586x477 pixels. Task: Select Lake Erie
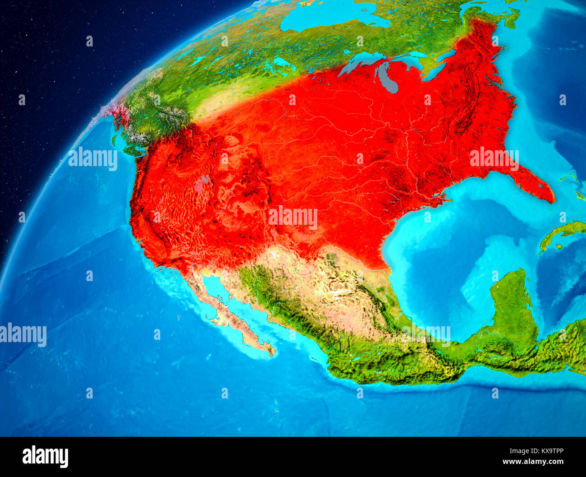[x=433, y=72]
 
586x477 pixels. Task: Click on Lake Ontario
[x=446, y=56]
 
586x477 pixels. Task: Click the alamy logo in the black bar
[x=45, y=456]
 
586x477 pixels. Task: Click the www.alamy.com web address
[x=533, y=462]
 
